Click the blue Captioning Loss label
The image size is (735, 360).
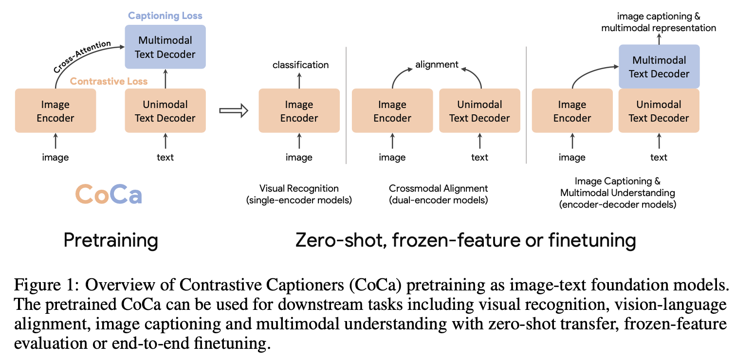(x=165, y=16)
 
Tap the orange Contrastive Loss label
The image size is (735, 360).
(x=109, y=81)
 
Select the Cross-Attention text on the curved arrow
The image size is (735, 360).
(x=82, y=57)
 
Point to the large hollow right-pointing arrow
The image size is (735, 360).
(x=234, y=110)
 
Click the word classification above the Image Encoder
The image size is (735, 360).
(x=300, y=65)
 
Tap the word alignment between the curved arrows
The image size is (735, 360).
(x=437, y=64)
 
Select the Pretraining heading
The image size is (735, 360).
(x=111, y=240)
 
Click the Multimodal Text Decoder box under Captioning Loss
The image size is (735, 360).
(x=165, y=47)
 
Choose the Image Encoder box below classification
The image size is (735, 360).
(x=299, y=111)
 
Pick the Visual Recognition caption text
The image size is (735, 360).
(x=299, y=188)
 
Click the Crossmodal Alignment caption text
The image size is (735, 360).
(x=438, y=188)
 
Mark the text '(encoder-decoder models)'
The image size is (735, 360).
(x=618, y=204)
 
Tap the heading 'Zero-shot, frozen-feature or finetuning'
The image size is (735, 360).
(x=466, y=240)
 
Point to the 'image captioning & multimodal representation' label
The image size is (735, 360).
(x=659, y=22)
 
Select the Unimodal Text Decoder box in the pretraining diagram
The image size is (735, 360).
(x=165, y=111)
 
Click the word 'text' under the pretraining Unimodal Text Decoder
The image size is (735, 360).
(x=165, y=157)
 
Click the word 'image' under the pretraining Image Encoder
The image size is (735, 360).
(x=55, y=157)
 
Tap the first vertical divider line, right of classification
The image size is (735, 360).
(x=346, y=105)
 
